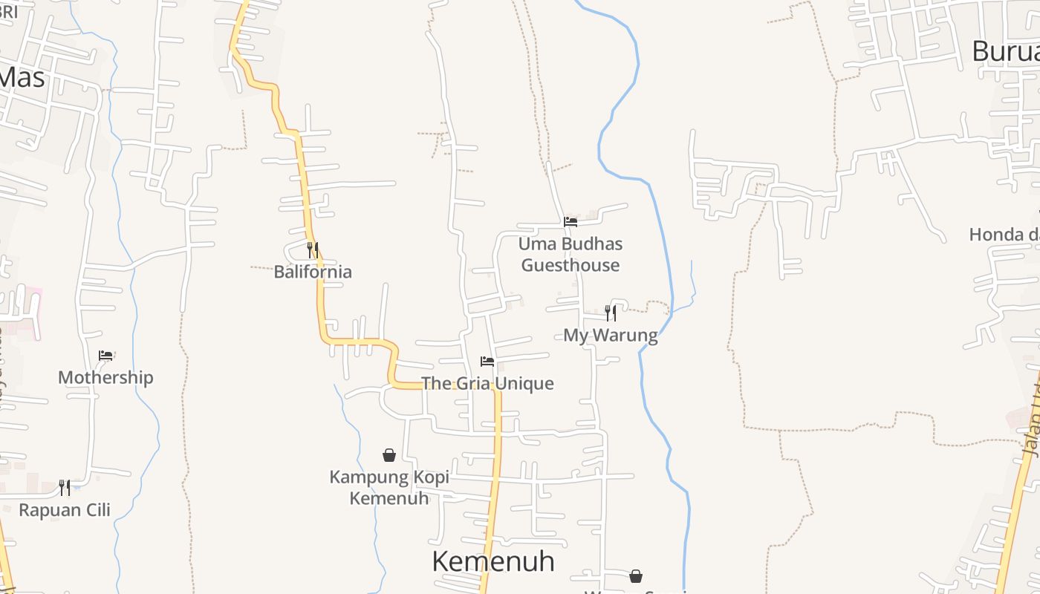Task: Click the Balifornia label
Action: click(x=313, y=272)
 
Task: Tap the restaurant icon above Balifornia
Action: click(x=313, y=249)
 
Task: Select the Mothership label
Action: click(x=105, y=377)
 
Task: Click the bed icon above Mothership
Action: click(x=105, y=356)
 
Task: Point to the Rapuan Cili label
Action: click(x=65, y=510)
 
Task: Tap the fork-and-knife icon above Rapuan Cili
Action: click(x=65, y=488)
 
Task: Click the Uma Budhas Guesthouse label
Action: click(x=571, y=254)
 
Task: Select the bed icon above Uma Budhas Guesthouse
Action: click(x=571, y=221)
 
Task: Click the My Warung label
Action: click(x=611, y=335)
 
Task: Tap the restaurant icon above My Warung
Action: click(x=611, y=313)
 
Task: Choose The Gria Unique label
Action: click(x=487, y=383)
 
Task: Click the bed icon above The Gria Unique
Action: click(x=487, y=362)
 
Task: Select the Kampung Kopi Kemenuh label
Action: click(x=389, y=487)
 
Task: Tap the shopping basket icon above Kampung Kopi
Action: click(x=389, y=455)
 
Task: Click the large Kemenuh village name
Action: click(x=493, y=561)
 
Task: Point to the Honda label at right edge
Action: click(x=1004, y=235)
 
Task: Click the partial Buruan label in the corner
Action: click(x=1006, y=52)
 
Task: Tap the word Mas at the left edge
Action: click(x=22, y=76)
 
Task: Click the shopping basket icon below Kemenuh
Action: click(x=636, y=576)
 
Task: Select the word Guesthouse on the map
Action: click(x=571, y=265)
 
